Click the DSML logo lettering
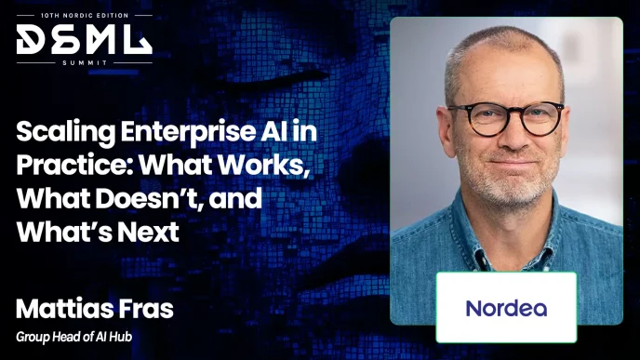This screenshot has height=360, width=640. (x=84, y=39)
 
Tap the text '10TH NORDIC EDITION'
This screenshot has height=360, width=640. (x=85, y=16)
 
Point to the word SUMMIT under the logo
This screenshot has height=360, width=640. (x=85, y=63)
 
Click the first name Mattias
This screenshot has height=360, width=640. (x=63, y=309)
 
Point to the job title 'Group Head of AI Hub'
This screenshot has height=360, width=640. (x=73, y=337)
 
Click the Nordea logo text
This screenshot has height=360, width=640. (x=506, y=308)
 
